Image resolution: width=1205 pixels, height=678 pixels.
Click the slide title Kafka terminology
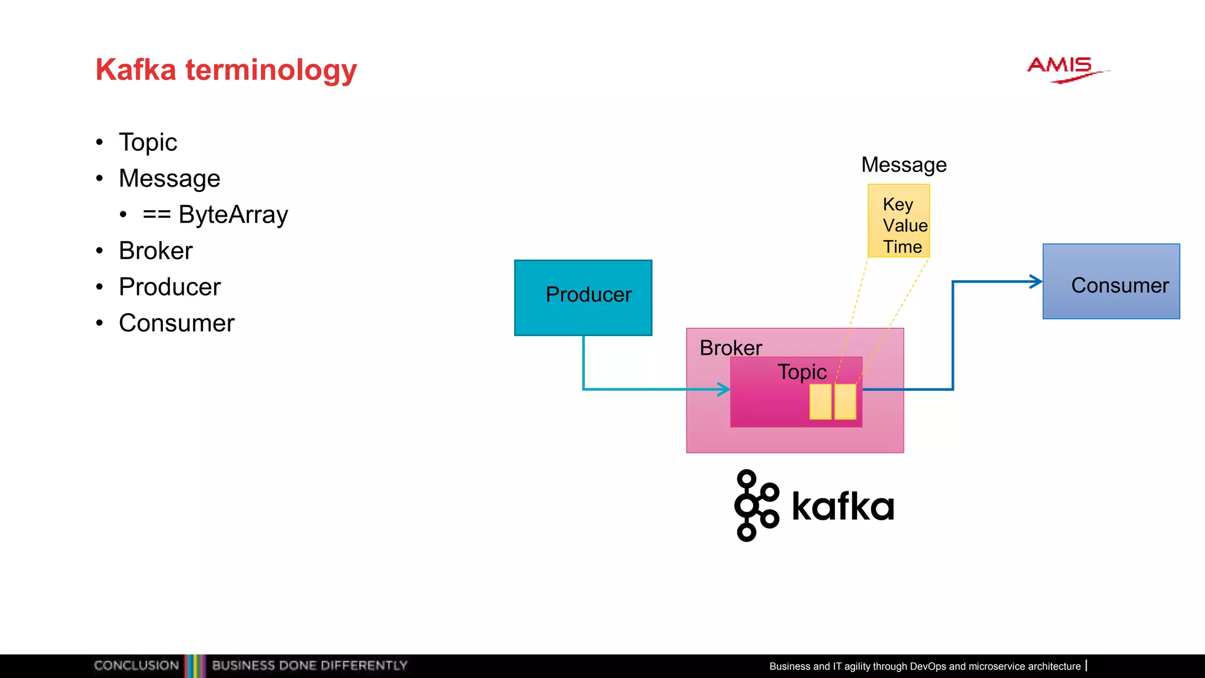(x=226, y=70)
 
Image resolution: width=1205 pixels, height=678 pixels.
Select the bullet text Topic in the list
(x=148, y=142)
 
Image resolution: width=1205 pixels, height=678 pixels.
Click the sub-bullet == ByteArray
(x=215, y=215)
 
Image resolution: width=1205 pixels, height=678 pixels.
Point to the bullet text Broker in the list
(x=155, y=251)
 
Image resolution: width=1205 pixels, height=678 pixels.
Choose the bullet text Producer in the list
(x=169, y=287)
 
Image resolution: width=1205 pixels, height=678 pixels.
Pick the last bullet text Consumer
(x=177, y=323)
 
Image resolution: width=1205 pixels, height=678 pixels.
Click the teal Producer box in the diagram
(x=583, y=297)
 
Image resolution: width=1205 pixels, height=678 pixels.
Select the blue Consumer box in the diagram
(x=1111, y=282)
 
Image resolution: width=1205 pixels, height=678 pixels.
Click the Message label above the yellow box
(x=904, y=165)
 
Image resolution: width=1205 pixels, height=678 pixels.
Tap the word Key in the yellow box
(x=898, y=204)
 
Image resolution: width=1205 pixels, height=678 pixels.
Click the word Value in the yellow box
(x=905, y=225)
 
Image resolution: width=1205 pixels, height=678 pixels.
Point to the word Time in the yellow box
(x=902, y=247)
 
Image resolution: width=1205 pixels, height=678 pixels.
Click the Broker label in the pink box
(x=731, y=348)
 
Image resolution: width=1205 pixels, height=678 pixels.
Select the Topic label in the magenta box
(x=802, y=372)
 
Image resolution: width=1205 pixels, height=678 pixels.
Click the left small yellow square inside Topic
(x=820, y=402)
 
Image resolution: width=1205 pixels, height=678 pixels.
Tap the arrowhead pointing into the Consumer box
(x=1036, y=282)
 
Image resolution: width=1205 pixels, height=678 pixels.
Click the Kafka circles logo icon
(x=756, y=506)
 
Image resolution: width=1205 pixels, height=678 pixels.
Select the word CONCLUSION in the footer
(x=136, y=666)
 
